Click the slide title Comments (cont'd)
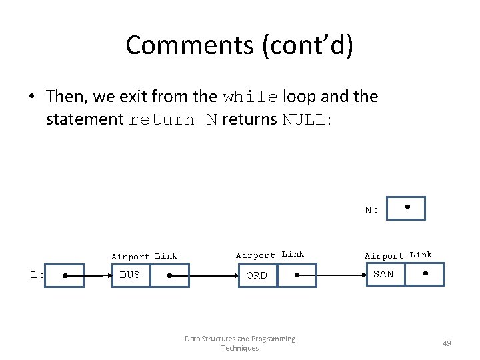point(240,45)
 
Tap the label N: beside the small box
point(371,210)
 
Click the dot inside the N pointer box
point(407,207)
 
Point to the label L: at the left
point(37,275)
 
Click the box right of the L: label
point(65,275)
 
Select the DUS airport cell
point(131,275)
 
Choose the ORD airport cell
point(257,275)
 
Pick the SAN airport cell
point(384,274)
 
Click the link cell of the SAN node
point(425,274)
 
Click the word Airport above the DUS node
point(131,257)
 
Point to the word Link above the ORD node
point(293,254)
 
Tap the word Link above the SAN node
point(421,255)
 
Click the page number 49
point(447,343)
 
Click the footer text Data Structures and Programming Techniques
point(240,343)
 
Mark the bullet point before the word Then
point(31,97)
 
